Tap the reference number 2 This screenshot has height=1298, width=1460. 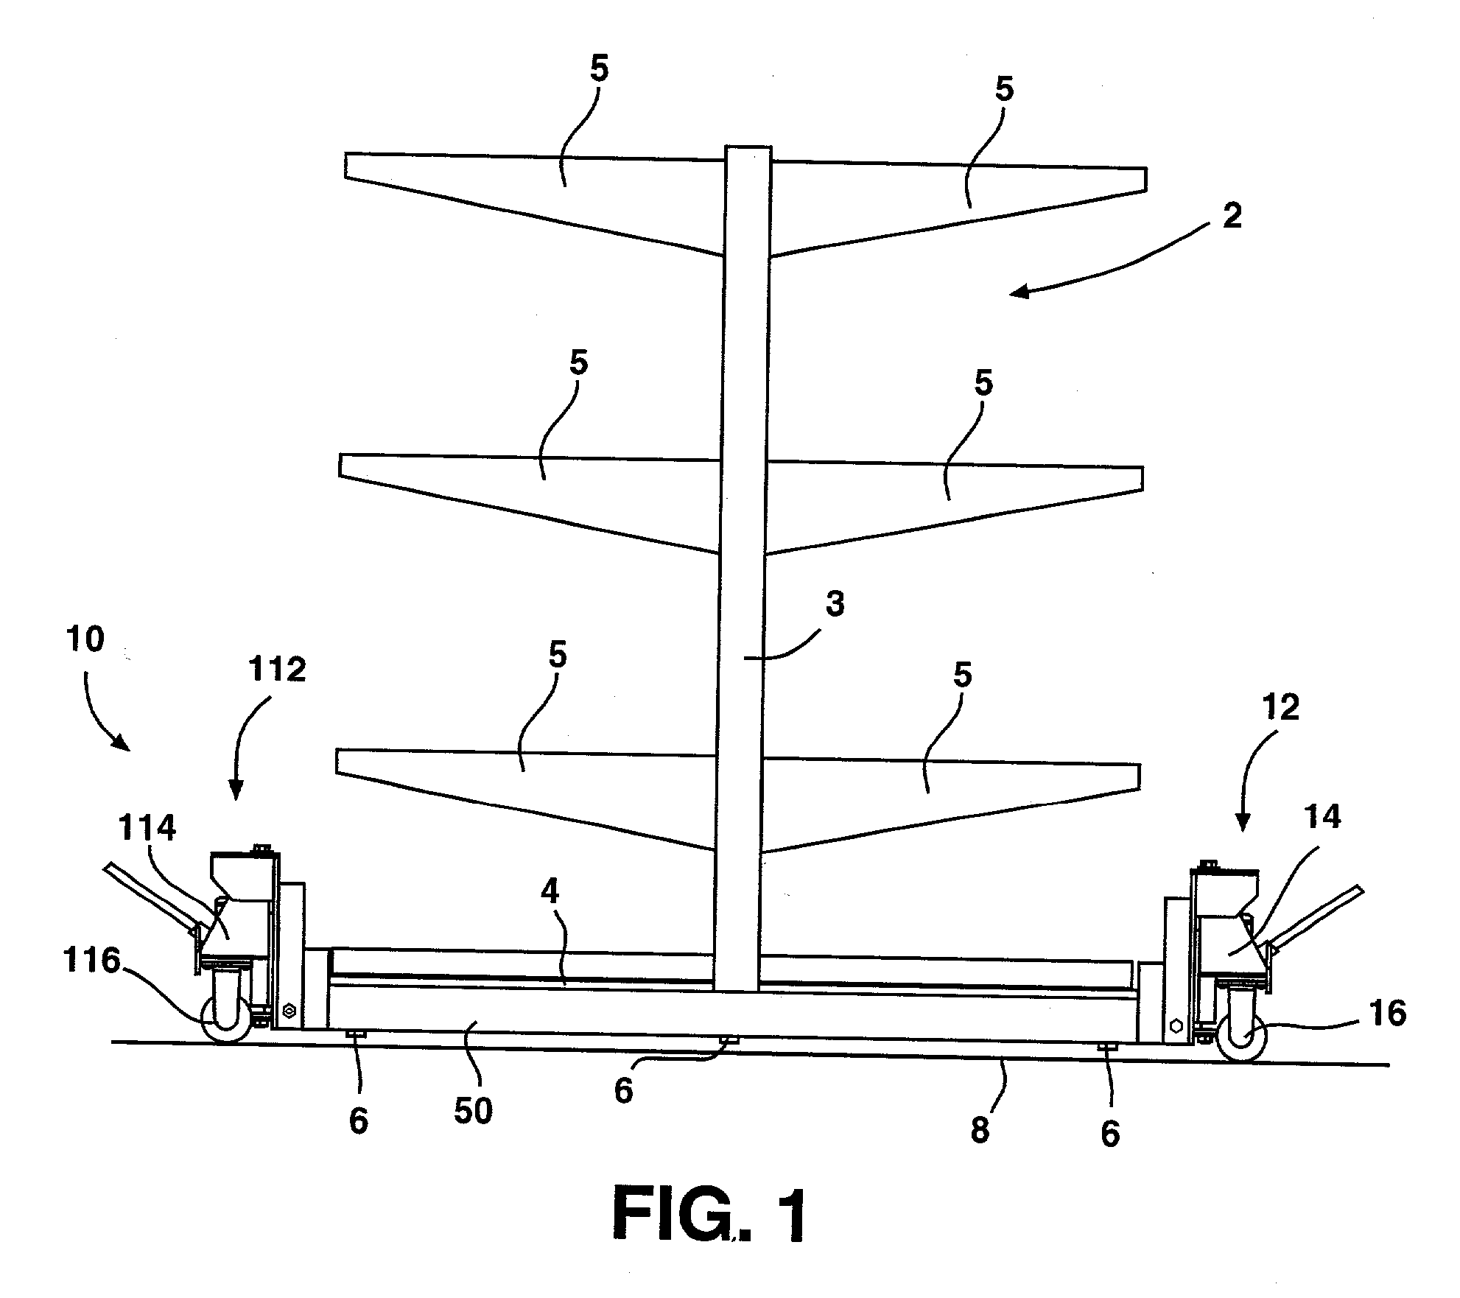(x=1232, y=216)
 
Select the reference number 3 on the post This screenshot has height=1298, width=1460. (x=835, y=605)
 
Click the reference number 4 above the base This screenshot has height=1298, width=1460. (x=550, y=892)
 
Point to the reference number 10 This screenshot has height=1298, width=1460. (x=85, y=639)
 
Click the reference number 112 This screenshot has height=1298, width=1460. (x=277, y=670)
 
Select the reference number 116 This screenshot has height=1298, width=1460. (x=91, y=962)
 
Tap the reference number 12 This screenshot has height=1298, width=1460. (x=1280, y=708)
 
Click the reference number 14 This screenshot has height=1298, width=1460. (x=1323, y=816)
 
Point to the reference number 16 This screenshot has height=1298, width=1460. (x=1386, y=1014)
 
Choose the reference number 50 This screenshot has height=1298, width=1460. (x=472, y=1111)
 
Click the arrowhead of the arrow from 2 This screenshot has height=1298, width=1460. (x=1017, y=292)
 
